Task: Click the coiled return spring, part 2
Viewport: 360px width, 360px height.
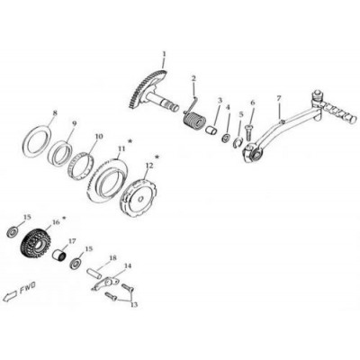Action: click(193, 120)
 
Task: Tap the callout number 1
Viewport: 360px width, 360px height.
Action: click(164, 54)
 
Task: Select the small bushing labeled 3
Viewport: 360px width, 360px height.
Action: click(211, 130)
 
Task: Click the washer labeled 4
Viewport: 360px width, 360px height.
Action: click(226, 139)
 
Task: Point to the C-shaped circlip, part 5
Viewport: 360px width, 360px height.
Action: click(238, 143)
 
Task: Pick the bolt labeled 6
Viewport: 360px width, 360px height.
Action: click(249, 132)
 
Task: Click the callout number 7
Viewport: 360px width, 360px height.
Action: click(279, 98)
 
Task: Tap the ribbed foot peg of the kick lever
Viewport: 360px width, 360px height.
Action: click(339, 112)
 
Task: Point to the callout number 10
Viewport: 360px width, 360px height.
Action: click(99, 137)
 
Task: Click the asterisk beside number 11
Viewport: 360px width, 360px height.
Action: click(130, 140)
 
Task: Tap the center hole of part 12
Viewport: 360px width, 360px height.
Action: click(140, 199)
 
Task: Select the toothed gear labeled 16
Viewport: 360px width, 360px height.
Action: click(35, 244)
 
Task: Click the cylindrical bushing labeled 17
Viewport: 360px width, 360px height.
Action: click(60, 256)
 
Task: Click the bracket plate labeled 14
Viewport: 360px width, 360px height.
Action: click(105, 283)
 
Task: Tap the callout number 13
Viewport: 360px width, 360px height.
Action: click(134, 304)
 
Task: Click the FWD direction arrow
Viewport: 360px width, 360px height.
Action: click(10, 296)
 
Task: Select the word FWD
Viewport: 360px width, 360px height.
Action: click(28, 288)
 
